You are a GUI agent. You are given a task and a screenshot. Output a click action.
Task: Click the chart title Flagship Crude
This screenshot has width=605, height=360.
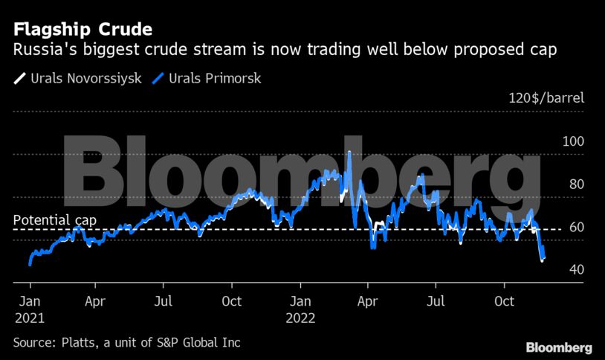click(x=82, y=30)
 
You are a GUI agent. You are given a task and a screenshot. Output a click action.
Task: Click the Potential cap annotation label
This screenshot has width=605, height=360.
click(x=55, y=221)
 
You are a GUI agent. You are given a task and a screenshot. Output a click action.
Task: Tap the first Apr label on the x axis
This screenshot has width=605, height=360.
click(x=94, y=302)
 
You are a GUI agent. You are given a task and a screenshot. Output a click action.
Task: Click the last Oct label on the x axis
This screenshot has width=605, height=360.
click(x=505, y=302)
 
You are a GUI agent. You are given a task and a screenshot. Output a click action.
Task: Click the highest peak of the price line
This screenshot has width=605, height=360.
click(x=349, y=152)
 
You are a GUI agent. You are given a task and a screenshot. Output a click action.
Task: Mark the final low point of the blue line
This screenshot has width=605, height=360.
click(x=542, y=260)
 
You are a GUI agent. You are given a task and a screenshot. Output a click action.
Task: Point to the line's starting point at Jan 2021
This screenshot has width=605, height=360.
click(x=30, y=263)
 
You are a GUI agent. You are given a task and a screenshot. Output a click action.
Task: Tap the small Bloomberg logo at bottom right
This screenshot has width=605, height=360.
click(x=558, y=347)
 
